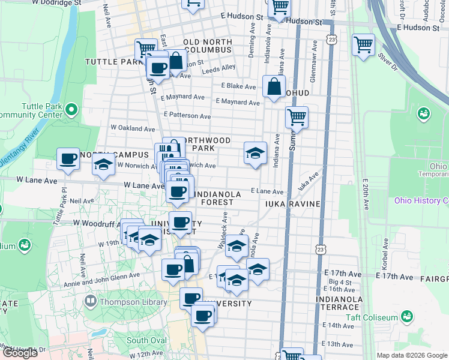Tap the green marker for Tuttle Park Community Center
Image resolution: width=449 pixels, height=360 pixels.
(x=71, y=110)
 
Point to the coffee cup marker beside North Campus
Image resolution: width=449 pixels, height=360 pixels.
(x=68, y=160)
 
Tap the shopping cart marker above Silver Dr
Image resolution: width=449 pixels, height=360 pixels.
(x=363, y=45)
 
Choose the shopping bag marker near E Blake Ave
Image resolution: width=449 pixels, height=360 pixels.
(x=274, y=86)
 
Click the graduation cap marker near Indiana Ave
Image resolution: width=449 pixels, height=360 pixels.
(x=255, y=153)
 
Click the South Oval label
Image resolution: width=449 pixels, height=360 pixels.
(x=146, y=340)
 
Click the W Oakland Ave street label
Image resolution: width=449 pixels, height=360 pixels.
(x=133, y=128)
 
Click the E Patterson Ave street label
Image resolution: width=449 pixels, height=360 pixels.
(x=187, y=115)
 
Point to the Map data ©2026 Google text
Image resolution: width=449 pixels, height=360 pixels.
(x=412, y=355)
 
